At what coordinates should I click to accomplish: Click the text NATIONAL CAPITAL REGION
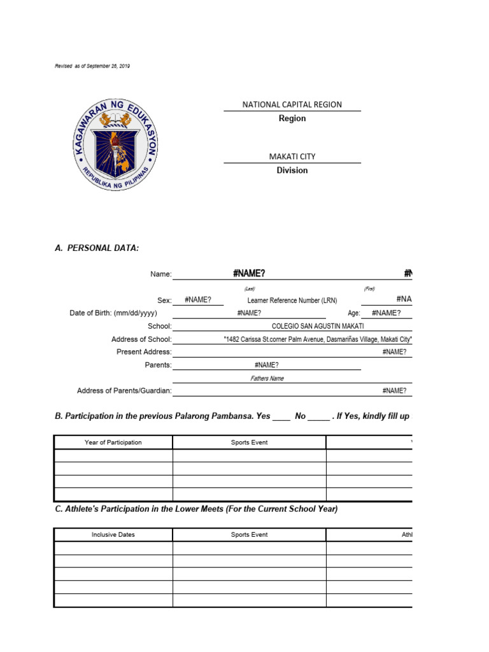click(x=292, y=104)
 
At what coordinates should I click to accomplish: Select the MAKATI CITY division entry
click(x=292, y=157)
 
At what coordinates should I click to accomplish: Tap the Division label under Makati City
click(x=292, y=170)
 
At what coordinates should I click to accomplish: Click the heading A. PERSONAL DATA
click(x=97, y=248)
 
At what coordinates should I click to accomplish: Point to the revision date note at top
click(x=92, y=66)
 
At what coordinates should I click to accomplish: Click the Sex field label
click(x=164, y=301)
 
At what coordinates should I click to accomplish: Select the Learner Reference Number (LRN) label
click(x=292, y=301)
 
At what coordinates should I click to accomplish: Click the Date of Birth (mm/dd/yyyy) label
click(x=113, y=313)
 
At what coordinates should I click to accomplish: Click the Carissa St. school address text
click(x=318, y=339)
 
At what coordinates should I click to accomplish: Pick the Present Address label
click(x=144, y=352)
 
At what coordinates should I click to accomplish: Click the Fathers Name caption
click(x=267, y=378)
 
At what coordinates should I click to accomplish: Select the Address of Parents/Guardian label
click(x=124, y=391)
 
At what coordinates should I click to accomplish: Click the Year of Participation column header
click(x=113, y=443)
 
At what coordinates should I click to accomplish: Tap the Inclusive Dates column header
click(x=113, y=535)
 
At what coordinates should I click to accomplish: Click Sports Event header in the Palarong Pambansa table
click(x=249, y=443)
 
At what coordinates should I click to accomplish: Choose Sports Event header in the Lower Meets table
click(x=249, y=535)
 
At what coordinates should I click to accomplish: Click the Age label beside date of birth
click(x=354, y=313)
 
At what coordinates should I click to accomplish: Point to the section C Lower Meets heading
click(x=196, y=509)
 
